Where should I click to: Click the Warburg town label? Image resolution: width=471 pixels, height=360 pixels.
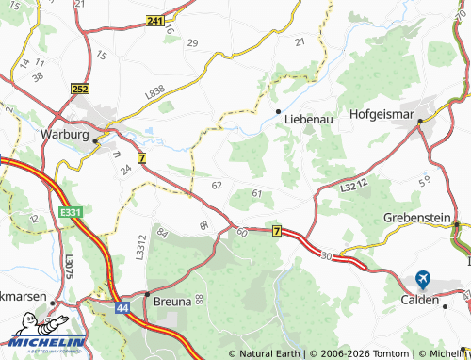(64, 135)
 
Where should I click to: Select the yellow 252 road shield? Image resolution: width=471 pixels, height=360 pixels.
(79, 88)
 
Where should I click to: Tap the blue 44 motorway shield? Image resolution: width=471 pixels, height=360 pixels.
(122, 307)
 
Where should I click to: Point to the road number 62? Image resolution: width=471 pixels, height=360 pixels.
(218, 185)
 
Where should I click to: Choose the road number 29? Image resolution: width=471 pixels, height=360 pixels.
(192, 43)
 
